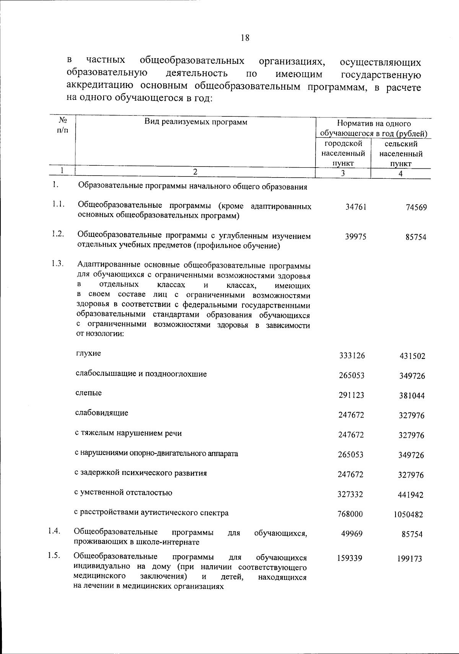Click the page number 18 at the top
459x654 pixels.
(245, 38)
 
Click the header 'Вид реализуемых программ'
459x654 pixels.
(195, 122)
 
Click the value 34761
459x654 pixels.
(353, 207)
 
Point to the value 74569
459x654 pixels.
(416, 208)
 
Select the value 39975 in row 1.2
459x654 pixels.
(353, 236)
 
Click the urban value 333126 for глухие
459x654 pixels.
(352, 356)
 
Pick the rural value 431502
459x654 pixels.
(412, 356)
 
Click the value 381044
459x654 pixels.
(412, 396)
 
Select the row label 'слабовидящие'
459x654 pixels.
(102, 413)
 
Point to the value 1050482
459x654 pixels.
(408, 515)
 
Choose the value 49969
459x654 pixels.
(352, 534)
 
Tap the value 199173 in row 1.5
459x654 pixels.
(409, 559)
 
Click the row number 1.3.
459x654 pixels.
(57, 264)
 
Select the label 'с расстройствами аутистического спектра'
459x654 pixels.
(151, 513)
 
